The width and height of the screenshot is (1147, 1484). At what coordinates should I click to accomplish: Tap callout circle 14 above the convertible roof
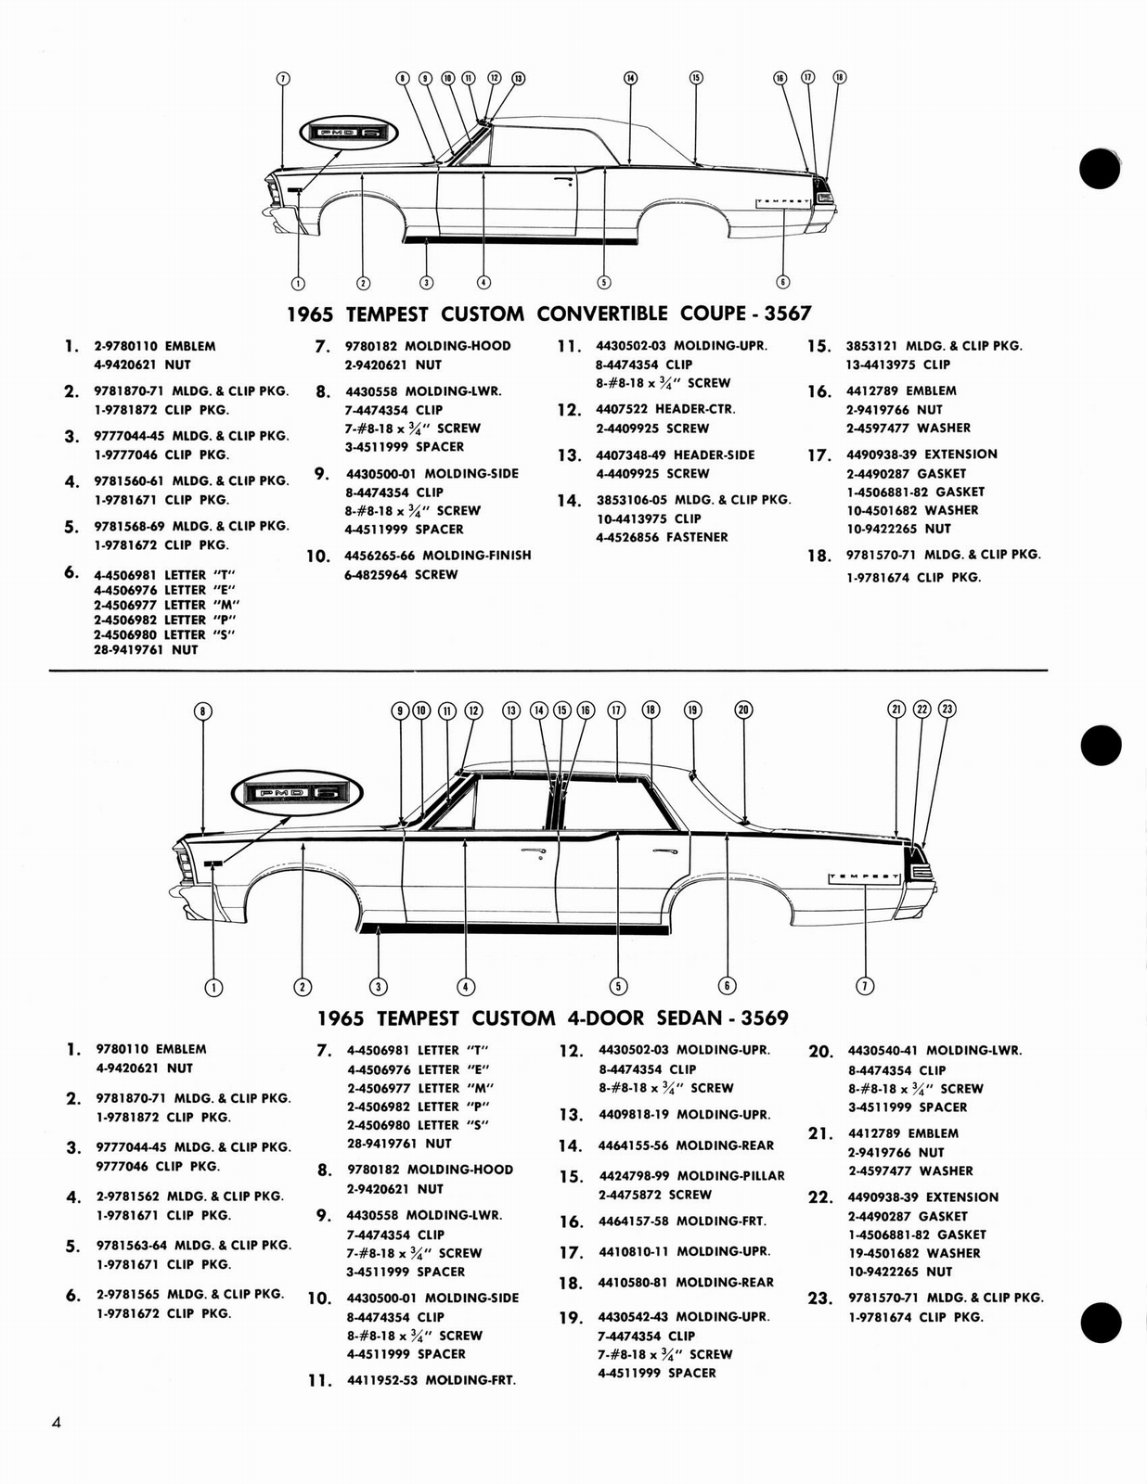click(630, 78)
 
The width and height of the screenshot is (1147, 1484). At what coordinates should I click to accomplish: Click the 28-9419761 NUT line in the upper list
click(145, 650)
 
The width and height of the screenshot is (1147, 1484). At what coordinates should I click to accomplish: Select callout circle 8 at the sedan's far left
click(203, 711)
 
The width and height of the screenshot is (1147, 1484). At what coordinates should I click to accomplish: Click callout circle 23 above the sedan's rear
click(947, 710)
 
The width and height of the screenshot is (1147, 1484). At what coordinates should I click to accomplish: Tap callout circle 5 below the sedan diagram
click(618, 987)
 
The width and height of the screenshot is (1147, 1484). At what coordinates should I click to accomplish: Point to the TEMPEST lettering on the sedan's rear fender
click(864, 876)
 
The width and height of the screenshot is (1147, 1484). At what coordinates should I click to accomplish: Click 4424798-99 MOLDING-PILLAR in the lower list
click(691, 1176)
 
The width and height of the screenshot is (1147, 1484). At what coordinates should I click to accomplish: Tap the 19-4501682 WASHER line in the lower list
click(913, 1253)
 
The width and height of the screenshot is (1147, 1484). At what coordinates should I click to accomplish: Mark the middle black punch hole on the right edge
click(1101, 745)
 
